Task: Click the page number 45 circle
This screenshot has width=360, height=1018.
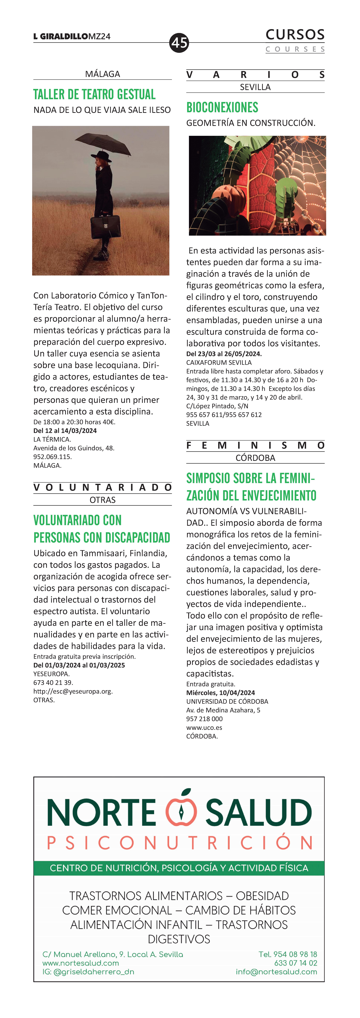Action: click(179, 42)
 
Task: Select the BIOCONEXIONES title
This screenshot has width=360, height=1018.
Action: click(222, 108)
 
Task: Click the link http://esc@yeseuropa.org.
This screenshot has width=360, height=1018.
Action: click(73, 691)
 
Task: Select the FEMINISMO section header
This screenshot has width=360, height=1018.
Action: click(255, 445)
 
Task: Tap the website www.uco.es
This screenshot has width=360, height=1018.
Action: click(204, 728)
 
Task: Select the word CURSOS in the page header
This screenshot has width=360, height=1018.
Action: click(295, 35)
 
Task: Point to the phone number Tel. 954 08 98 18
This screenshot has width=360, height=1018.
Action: click(288, 954)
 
